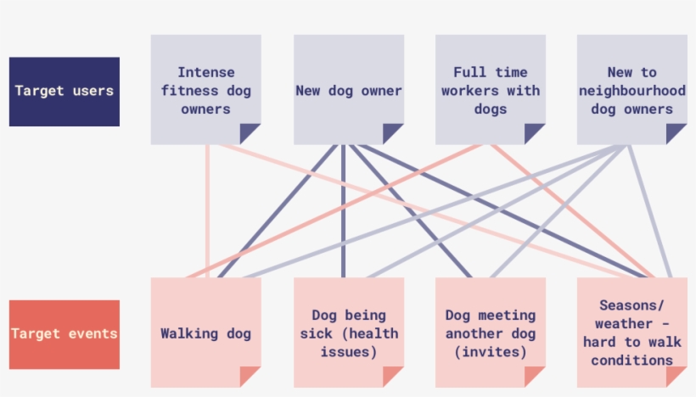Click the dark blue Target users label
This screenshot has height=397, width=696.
64,92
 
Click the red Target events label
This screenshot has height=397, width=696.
64,334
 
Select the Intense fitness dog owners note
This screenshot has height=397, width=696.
205,89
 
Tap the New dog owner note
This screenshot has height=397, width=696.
348,89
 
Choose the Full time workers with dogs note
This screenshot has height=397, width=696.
491,89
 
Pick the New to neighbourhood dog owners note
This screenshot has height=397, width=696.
631,89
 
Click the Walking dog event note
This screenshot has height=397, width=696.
205,333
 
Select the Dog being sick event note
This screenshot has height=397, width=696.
348,333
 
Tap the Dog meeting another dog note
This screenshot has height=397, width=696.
491,333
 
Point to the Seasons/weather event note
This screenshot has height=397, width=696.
631,333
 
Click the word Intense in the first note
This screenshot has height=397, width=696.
205,72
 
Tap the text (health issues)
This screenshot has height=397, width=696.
348,343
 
